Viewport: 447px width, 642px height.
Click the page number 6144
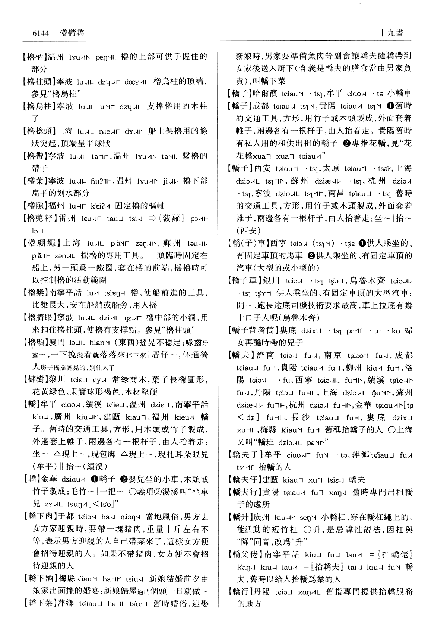pos(41,33)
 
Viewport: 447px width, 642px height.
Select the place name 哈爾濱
pos(266,93)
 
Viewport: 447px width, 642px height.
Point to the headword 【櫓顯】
pos(37,343)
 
